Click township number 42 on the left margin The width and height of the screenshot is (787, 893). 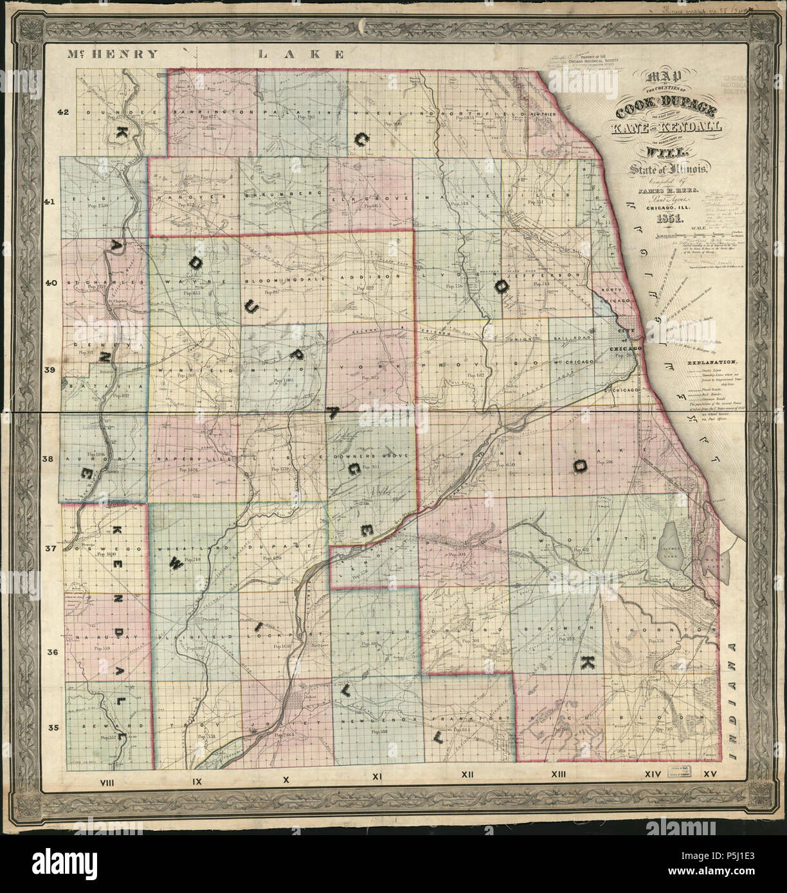tap(62, 112)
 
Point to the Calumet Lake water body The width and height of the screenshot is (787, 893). tap(672, 540)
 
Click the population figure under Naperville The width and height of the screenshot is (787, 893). tap(185, 470)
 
